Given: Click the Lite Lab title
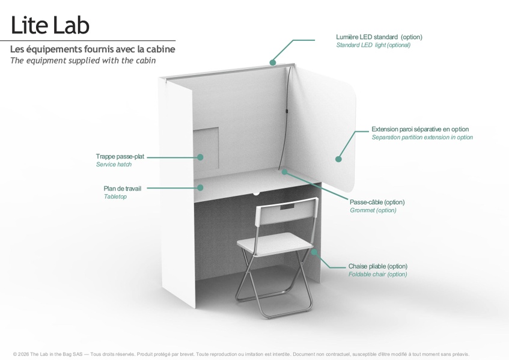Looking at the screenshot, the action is point(50,25).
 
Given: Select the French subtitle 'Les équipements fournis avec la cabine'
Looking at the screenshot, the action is point(93,49).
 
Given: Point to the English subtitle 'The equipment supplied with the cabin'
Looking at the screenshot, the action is point(83,61).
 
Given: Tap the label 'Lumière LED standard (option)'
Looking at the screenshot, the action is point(379,37).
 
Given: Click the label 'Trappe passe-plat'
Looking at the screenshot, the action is point(120,156).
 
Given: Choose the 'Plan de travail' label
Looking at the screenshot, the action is point(123,189).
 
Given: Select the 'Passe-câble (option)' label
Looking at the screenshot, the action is point(377,202).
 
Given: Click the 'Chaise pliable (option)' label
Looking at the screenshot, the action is point(378,266).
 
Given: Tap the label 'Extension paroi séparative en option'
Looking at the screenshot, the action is point(420,129).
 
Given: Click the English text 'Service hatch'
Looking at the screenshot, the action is point(114,165).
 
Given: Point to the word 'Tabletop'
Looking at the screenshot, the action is point(115,197).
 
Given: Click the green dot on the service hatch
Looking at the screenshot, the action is point(200,157).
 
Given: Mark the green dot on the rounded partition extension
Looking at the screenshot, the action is point(338,159).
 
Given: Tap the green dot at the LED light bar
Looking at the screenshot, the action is point(273,63).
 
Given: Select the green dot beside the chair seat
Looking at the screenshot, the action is point(314,252).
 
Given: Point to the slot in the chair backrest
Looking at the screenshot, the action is point(287,207).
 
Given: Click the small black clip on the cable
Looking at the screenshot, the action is point(287,111).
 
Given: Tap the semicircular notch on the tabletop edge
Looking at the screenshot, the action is point(257,194).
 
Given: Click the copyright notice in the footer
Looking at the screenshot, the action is point(241,354).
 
